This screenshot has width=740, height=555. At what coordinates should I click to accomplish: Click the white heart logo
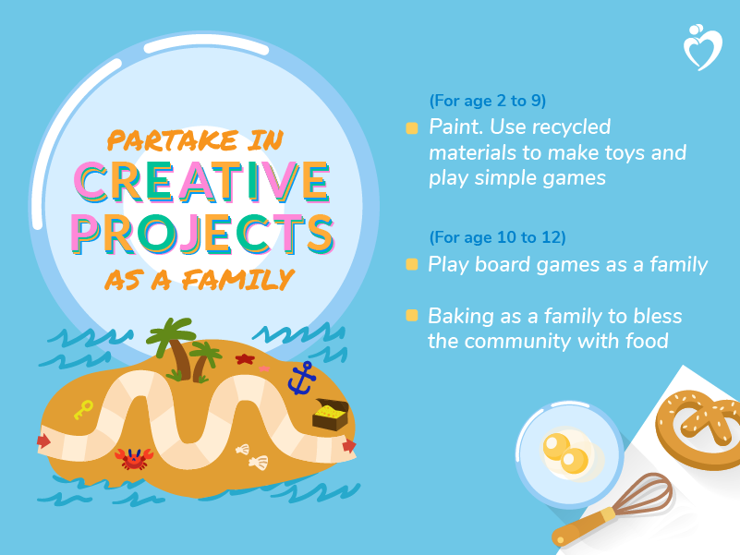(703, 47)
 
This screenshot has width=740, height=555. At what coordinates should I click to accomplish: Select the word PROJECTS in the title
(203, 233)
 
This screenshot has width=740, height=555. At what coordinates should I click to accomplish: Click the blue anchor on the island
(301, 379)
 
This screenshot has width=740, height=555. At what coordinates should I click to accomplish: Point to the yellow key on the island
(83, 409)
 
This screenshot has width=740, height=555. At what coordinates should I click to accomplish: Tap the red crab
(134, 459)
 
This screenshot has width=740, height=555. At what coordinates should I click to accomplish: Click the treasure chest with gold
(331, 415)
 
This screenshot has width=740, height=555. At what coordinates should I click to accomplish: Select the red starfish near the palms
(245, 359)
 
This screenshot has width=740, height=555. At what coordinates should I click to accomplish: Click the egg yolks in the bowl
(565, 453)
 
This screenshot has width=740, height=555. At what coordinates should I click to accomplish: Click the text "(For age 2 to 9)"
(488, 101)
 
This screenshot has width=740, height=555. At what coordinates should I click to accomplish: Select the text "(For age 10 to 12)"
(497, 237)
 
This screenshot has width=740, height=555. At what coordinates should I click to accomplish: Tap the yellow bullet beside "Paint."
(412, 128)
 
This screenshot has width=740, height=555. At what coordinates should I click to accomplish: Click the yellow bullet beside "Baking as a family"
(412, 315)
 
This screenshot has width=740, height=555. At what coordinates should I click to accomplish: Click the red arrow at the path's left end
(43, 440)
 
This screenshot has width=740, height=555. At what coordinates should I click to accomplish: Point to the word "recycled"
(571, 127)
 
